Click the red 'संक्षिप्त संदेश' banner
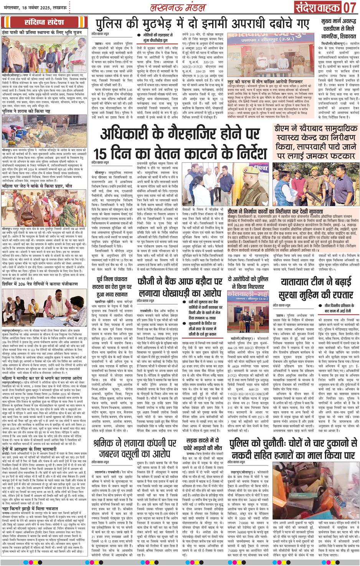[45, 21]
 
